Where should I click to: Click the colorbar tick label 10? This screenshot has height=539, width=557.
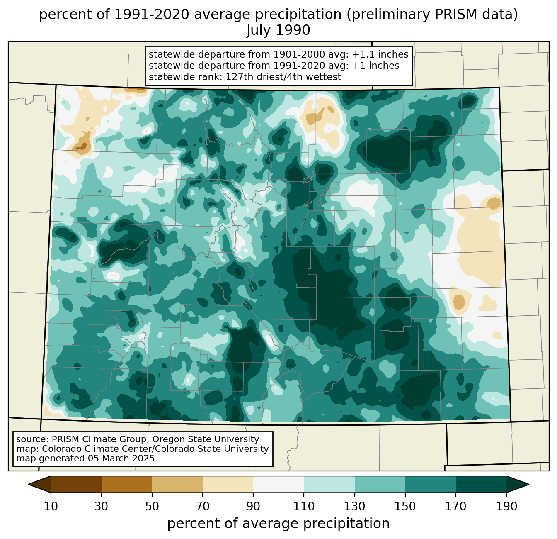point(51,506)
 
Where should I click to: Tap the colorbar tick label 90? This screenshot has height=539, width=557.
point(253,506)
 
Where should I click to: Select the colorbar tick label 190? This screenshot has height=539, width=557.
point(506,506)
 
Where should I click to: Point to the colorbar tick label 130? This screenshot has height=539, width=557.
point(354,506)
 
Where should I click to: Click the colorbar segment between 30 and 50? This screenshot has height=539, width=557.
point(126,485)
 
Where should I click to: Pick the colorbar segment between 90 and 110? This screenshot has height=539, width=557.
point(278,485)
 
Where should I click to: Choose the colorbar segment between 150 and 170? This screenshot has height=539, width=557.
point(430,485)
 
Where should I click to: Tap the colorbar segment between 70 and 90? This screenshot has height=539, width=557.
point(228,485)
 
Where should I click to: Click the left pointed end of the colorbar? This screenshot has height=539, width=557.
point(29,485)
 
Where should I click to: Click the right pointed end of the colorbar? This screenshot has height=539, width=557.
point(528,485)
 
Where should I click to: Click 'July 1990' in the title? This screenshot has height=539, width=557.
point(278,30)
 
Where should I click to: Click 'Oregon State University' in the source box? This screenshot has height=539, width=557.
point(206,439)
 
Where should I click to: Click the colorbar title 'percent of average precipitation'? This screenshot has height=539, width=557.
point(278,524)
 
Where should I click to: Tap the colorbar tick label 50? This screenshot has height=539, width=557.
point(152,506)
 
